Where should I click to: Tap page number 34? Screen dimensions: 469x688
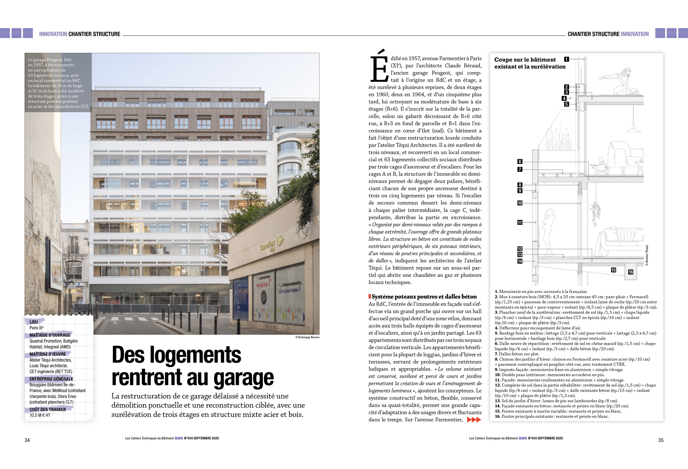coord(27,440)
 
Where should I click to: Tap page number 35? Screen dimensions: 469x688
coord(661,440)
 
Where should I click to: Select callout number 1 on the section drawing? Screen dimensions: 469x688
coord(566,59)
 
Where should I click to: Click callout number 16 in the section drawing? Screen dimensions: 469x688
coord(630,272)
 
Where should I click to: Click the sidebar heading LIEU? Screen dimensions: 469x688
coord(34,322)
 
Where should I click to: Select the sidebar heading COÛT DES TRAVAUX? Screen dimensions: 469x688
coord(48,410)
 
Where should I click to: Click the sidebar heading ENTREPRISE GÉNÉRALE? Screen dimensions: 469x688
coord(51,379)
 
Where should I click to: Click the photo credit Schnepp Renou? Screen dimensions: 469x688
coord(307,337)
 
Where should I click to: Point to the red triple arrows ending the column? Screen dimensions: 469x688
coord(474,419)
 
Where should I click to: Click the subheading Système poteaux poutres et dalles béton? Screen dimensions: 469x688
coord(424,297)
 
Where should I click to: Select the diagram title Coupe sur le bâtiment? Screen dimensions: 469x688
coord(525,60)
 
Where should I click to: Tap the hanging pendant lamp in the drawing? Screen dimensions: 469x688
coord(633,127)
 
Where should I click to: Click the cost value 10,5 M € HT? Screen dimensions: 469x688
coord(40,415)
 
